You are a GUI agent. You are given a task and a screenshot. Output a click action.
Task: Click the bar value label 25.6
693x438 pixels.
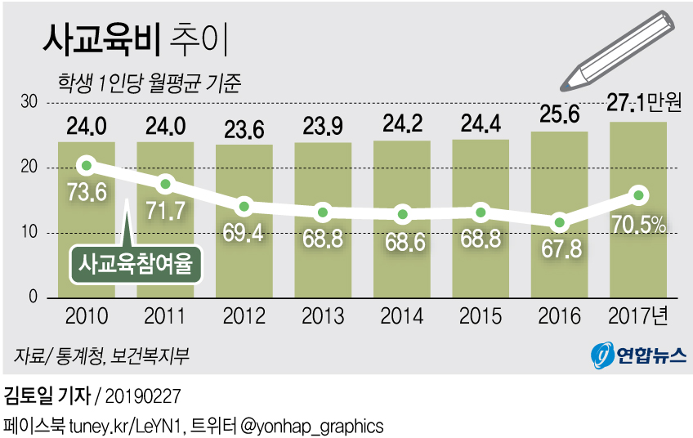559,114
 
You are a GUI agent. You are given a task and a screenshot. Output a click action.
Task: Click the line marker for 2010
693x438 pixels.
86,166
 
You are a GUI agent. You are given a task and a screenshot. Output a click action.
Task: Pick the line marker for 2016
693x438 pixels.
559,222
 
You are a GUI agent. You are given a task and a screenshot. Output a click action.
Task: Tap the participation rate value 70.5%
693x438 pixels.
638,223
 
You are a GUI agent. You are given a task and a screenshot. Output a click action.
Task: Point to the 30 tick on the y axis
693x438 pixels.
29,102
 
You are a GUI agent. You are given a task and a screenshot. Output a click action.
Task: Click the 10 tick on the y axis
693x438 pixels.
29,233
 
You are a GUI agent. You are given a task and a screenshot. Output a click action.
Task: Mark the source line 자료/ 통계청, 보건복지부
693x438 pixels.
101,355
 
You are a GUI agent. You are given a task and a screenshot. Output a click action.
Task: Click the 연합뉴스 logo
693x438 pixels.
638,355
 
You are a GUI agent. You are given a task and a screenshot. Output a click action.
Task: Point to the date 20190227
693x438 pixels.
142,397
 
